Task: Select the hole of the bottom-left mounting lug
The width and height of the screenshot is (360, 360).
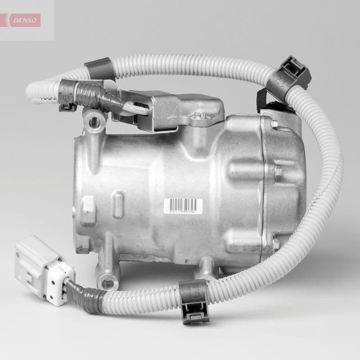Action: click(x=107, y=284)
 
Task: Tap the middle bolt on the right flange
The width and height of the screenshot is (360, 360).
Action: click(x=278, y=171)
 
